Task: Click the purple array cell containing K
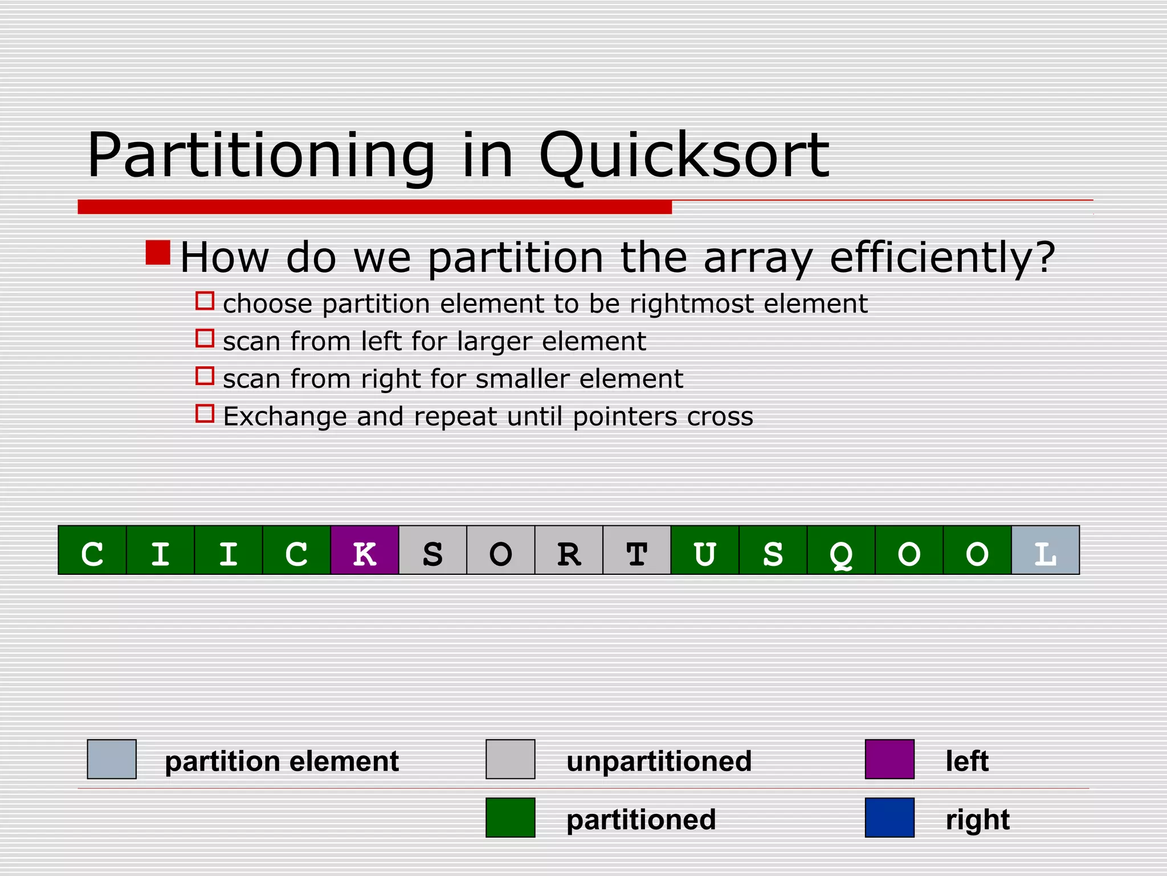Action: tap(365, 550)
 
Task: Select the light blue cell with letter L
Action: tap(1045, 550)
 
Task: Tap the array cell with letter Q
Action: tap(841, 550)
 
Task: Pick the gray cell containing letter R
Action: tap(569, 550)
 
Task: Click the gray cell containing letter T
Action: tap(636, 550)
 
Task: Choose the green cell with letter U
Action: tap(705, 550)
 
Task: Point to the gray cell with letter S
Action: tap(432, 550)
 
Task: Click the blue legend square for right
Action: tap(889, 817)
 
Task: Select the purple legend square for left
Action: tap(889, 759)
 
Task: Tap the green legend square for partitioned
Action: tap(510, 817)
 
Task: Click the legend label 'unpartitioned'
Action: tap(659, 761)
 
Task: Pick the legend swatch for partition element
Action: tap(112, 759)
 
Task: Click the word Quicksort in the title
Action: tap(683, 155)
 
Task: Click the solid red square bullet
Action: tap(158, 253)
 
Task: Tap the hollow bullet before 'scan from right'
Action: tap(205, 376)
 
